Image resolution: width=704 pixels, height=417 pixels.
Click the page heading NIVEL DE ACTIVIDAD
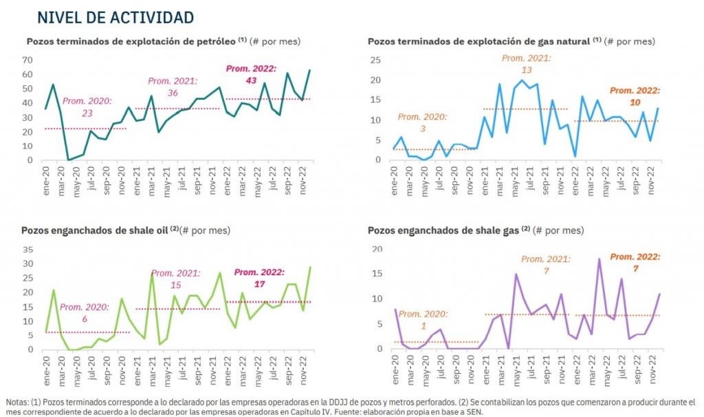(115, 17)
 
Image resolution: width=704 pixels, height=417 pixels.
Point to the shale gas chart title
(444, 231)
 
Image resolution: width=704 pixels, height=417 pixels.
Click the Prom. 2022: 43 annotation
(251, 74)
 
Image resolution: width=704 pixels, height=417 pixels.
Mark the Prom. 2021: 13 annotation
(526, 64)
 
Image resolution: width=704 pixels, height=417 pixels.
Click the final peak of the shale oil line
(310, 267)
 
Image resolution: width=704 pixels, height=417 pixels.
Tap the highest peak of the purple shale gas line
(599, 259)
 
